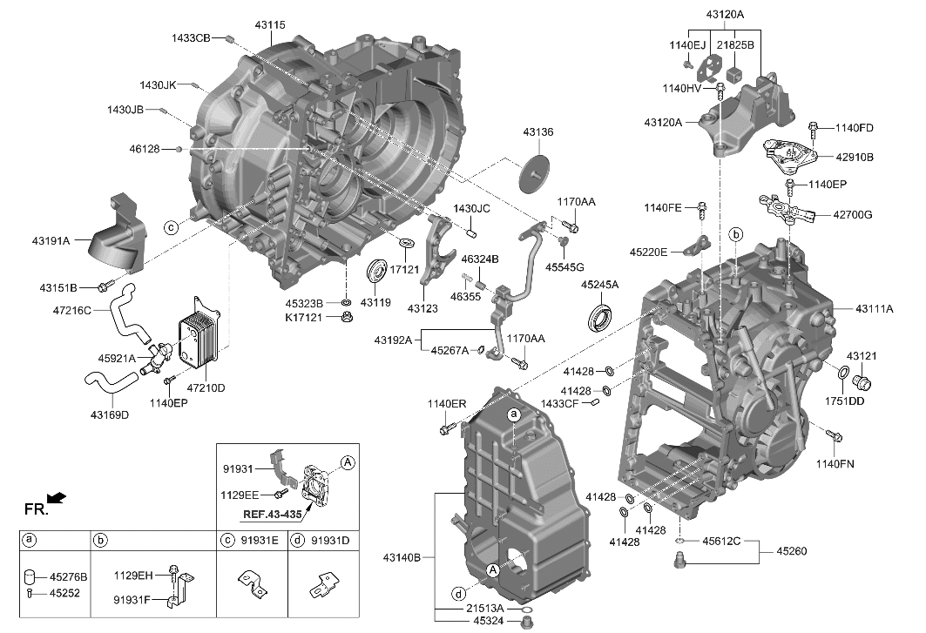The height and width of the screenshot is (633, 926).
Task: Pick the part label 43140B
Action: (402, 556)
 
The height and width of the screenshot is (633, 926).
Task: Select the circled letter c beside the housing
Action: (172, 227)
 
